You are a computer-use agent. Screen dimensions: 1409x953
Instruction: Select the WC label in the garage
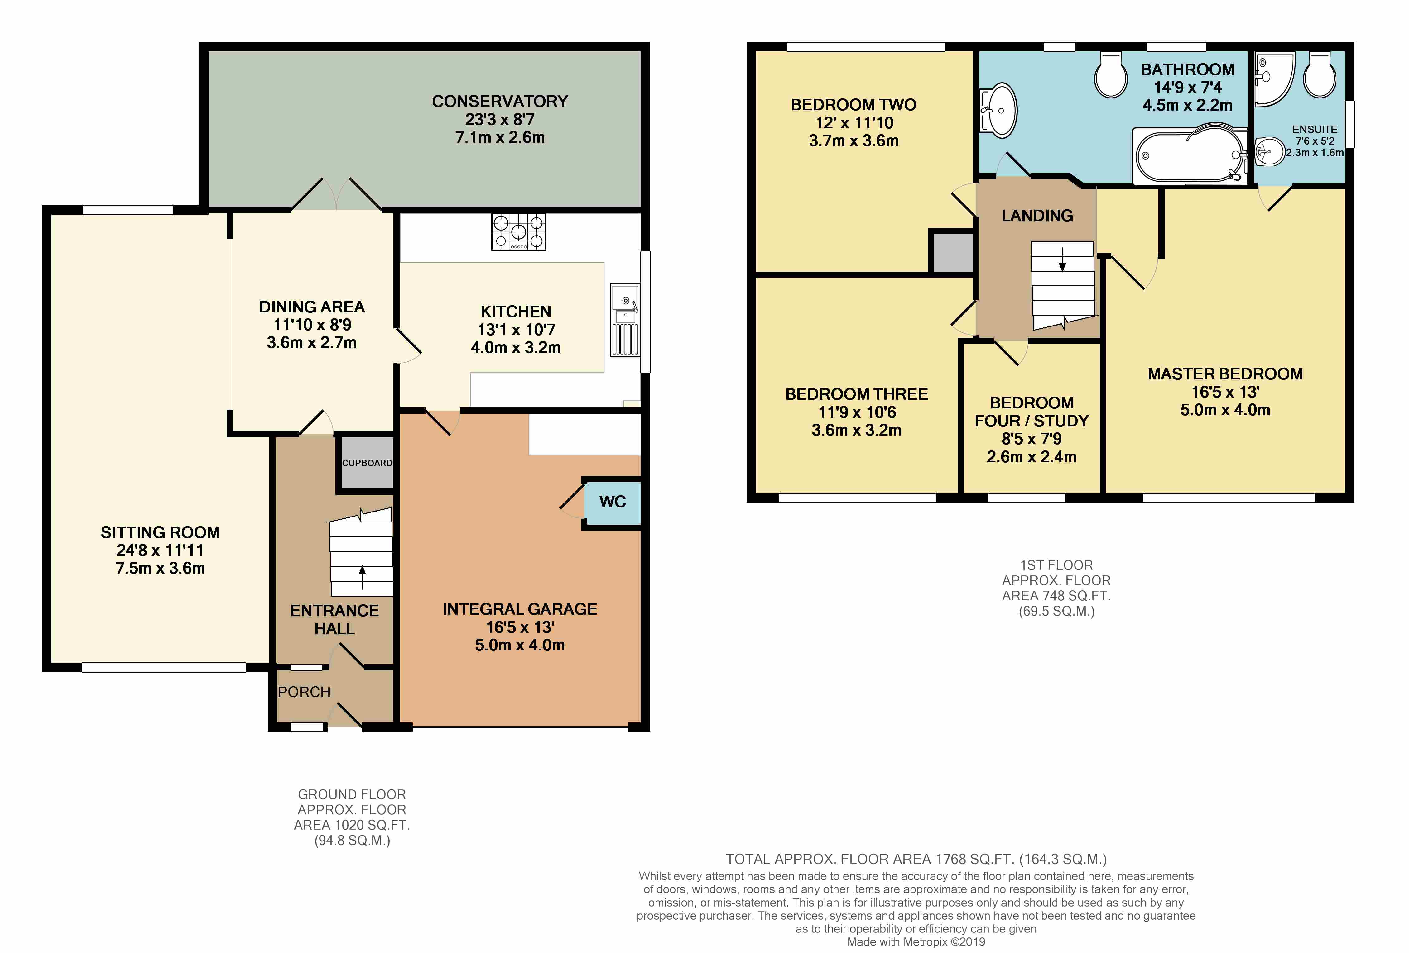612,502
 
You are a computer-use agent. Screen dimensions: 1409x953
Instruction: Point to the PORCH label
304,692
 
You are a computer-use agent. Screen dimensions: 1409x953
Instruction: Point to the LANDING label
1037,216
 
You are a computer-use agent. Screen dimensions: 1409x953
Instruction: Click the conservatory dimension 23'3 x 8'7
500,119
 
